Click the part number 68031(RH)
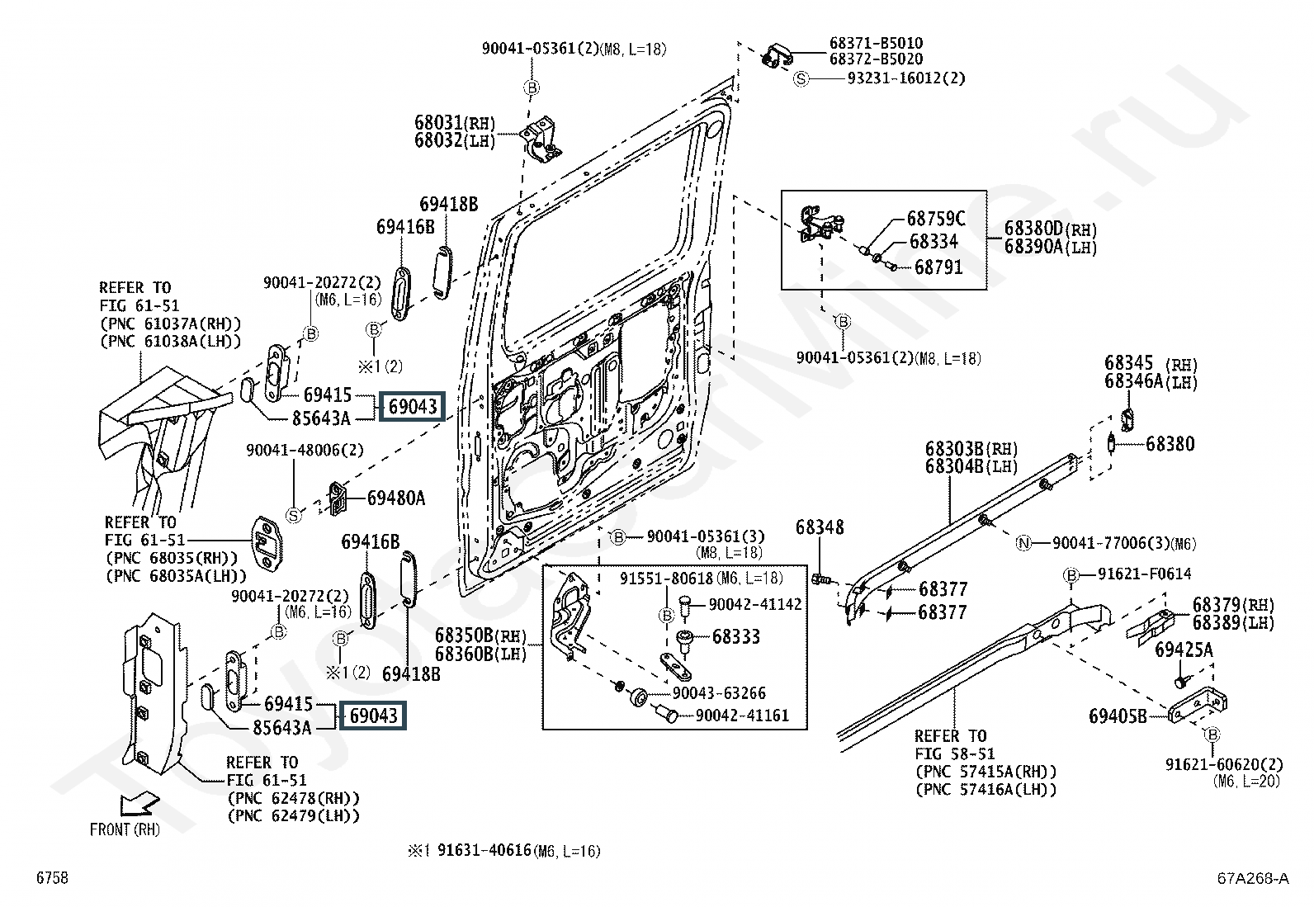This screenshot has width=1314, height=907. tap(454, 123)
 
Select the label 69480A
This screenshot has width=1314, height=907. tap(395, 498)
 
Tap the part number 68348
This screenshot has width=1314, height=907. tap(820, 527)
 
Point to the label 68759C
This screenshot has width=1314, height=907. tap(935, 219)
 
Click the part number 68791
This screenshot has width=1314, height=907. tap(938, 267)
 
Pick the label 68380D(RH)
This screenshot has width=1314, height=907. tap(1051, 229)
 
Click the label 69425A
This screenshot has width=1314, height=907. tap(1184, 650)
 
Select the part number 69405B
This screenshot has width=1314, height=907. tap(1118, 716)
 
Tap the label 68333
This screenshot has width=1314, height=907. tap(736, 636)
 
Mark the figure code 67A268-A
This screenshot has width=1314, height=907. tap(1251, 878)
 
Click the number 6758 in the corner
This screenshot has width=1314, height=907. tap(51, 878)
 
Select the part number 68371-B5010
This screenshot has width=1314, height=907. tap(876, 43)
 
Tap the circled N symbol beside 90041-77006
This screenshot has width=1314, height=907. tap(1023, 543)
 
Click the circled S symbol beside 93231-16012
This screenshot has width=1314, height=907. tap(801, 78)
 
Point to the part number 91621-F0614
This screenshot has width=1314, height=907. tap(1144, 574)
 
